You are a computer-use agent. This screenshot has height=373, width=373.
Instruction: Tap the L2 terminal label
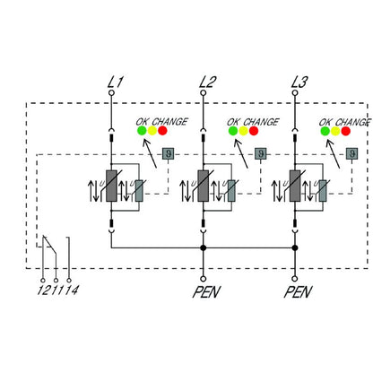(x=206, y=83)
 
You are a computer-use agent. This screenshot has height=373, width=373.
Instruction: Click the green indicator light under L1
(x=142, y=131)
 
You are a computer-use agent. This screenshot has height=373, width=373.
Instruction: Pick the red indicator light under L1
(x=162, y=131)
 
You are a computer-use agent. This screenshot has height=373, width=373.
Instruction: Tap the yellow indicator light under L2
(x=244, y=131)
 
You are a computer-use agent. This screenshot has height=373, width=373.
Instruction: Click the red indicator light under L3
(x=346, y=131)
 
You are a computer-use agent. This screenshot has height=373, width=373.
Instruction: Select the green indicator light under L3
(x=325, y=131)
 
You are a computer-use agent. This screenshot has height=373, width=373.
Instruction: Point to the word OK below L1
(x=143, y=120)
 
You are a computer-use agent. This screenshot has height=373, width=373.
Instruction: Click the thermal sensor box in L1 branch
(x=167, y=153)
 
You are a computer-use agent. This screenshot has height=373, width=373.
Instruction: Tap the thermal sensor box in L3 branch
(x=350, y=153)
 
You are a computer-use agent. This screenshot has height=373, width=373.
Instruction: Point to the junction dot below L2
(x=204, y=247)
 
